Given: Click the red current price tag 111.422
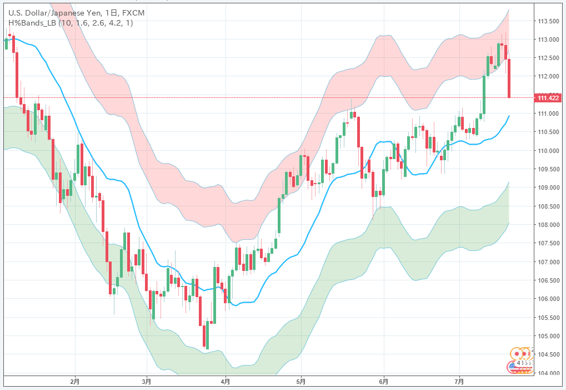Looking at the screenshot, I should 548,98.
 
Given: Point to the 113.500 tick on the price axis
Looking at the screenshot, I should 548,21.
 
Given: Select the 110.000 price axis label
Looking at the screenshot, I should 548,150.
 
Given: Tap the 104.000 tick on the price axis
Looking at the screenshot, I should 548,373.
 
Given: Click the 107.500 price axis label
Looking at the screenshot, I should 548,243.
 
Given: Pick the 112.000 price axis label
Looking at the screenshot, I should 548,76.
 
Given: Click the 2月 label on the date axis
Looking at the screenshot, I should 75,382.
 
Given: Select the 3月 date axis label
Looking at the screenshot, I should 146,382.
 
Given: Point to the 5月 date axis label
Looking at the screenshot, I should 300,382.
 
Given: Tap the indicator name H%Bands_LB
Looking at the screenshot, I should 31,23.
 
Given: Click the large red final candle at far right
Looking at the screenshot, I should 509,78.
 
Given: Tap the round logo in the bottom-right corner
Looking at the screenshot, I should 520,359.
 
